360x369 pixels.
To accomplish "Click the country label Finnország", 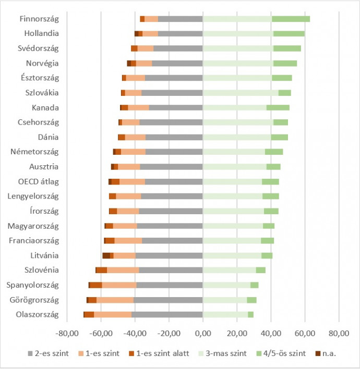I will (x=39, y=19).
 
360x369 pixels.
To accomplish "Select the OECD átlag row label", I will (x=41, y=182).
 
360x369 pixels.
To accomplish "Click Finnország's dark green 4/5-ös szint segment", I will (x=291, y=19).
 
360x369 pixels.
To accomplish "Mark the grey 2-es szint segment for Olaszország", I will (x=167, y=315).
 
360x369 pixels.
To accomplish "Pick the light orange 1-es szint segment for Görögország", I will (x=115, y=300).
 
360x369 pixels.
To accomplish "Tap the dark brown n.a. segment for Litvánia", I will (x=106, y=255).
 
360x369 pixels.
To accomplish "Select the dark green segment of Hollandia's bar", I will (x=289, y=33).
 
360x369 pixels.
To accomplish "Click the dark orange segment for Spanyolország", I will (x=96, y=285).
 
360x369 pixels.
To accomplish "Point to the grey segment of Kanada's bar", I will (x=176, y=107).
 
